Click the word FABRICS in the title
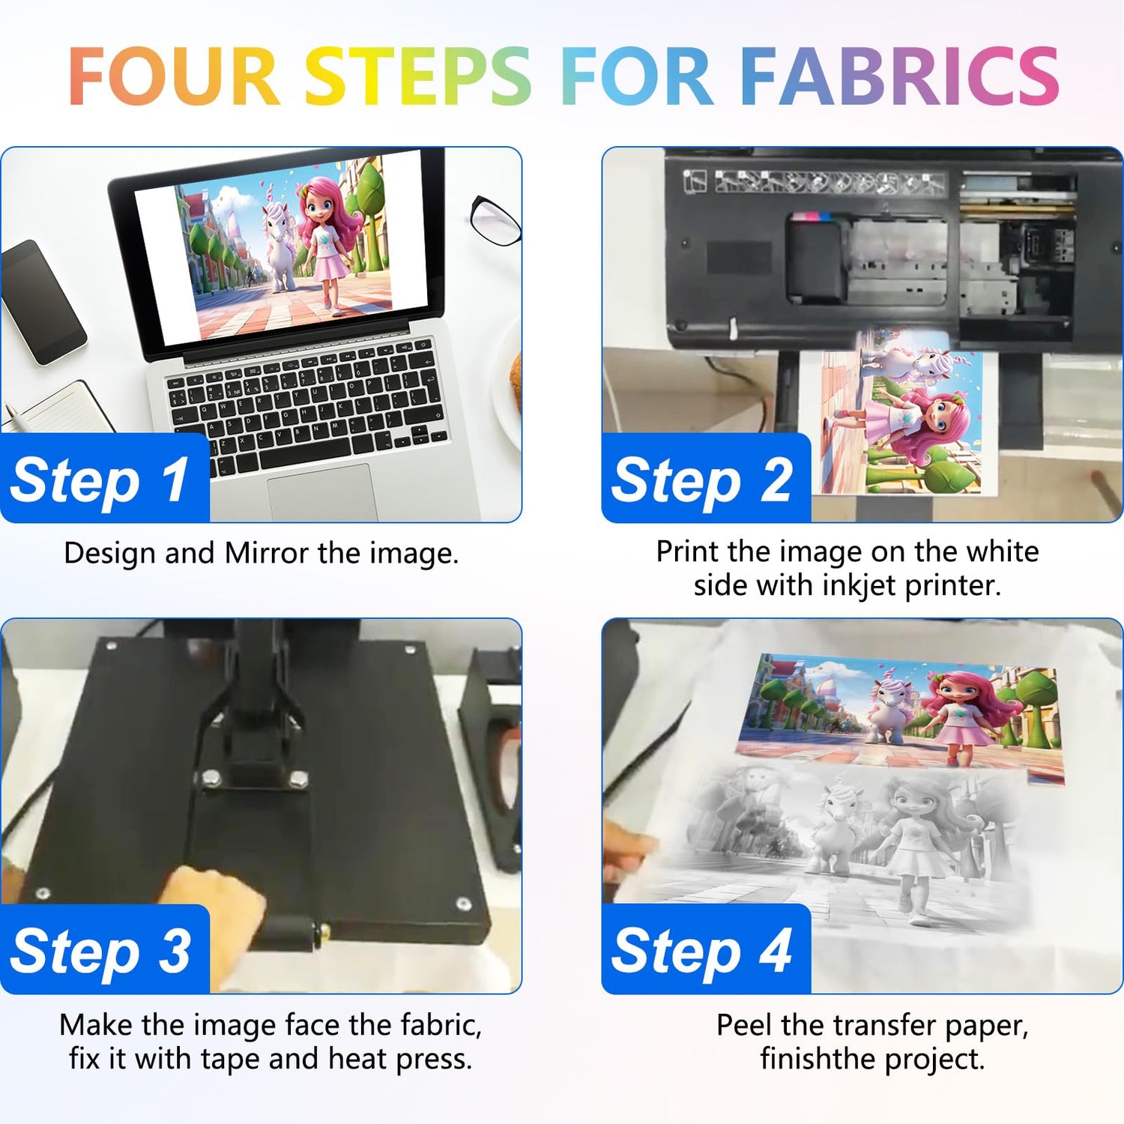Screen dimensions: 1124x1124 pyautogui.click(x=899, y=76)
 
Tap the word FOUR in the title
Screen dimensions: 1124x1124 pyautogui.click(x=174, y=76)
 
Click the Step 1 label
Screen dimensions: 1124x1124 pyautogui.click(x=100, y=480)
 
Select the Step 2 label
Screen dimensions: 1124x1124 pyautogui.click(x=702, y=480)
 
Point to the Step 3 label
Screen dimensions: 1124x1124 pyautogui.click(x=100, y=951)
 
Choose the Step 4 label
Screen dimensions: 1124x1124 pyautogui.click(x=702, y=951)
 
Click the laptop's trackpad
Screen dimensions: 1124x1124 pyautogui.click(x=322, y=493)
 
